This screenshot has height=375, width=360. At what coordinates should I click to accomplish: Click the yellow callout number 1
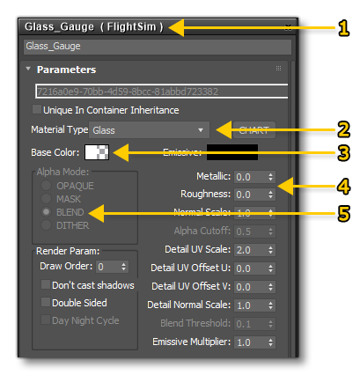(343, 26)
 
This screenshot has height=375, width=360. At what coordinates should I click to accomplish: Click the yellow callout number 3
(343, 153)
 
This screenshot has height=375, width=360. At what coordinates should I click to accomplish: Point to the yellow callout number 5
(343, 212)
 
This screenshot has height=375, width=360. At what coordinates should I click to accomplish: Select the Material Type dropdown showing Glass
(150, 129)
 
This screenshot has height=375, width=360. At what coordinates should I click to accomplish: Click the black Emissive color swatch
(231, 151)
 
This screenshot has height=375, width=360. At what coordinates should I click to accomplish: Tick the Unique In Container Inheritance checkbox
(36, 110)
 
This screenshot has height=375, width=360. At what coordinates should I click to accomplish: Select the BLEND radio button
(47, 212)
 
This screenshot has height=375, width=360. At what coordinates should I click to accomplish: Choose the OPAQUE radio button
(47, 186)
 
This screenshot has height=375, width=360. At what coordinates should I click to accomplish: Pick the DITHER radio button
(47, 225)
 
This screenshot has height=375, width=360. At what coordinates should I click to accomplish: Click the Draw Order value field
(104, 266)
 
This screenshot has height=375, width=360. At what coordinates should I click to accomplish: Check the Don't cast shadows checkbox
(47, 285)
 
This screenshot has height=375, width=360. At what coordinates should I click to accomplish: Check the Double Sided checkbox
(47, 303)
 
